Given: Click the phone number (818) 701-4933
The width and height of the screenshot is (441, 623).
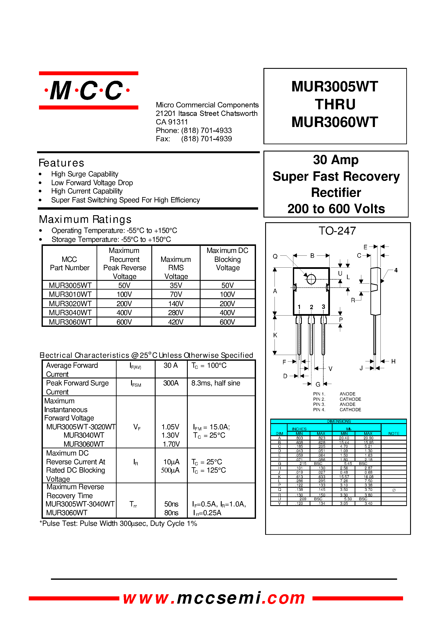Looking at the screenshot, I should pos(206,131).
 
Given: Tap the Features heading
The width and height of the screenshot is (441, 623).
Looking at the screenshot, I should pos(61,163).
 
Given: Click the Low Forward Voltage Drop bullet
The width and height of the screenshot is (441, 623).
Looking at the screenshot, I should pos(92,183).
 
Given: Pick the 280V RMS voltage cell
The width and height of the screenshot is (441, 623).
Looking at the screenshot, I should pos(176,313).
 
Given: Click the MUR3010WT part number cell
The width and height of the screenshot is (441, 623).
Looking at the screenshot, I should pos(70,294).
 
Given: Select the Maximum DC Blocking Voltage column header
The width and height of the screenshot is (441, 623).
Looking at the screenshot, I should pos(228,259).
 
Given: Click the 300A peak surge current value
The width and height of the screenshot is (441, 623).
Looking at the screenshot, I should pos(171,383).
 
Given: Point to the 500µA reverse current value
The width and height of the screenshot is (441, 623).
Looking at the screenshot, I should pos(170,470).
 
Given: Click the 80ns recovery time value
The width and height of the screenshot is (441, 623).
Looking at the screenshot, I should pos(171,513).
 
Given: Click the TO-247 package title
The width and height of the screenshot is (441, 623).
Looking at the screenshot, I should pos(337,231).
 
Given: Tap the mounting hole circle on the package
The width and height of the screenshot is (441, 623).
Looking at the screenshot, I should pos(311,279).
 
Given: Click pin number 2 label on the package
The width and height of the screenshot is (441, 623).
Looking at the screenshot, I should pos(311,307).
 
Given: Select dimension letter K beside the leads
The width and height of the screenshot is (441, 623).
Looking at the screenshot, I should pos(275,335).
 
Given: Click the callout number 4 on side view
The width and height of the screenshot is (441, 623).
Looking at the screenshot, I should pos(396,270).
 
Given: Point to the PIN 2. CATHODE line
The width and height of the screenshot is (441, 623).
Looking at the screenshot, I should pos(337,399).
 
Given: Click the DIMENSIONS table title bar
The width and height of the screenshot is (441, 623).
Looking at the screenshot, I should pos(338,421).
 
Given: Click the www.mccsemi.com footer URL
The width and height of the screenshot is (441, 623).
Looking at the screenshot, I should pos(214,598).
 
